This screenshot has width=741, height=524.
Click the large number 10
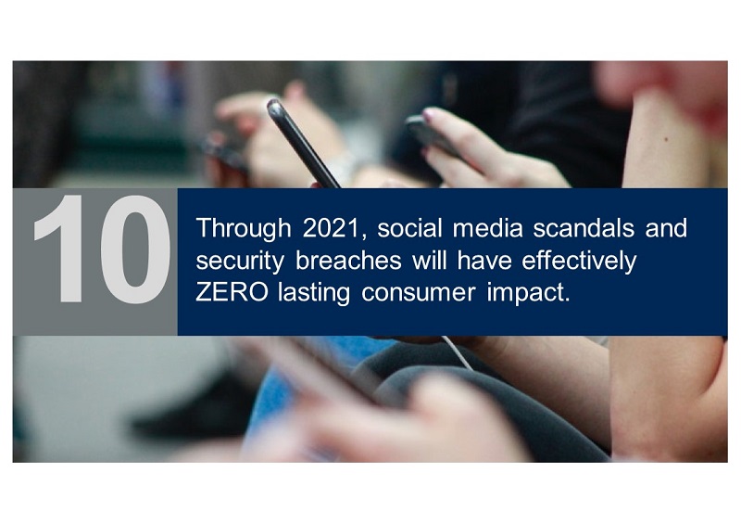click(x=102, y=249)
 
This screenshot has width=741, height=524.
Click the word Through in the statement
click(x=244, y=229)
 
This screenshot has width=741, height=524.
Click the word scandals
click(x=584, y=228)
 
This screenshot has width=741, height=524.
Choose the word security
click(x=240, y=262)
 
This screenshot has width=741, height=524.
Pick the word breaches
click(x=348, y=261)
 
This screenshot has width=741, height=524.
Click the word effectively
click(x=579, y=262)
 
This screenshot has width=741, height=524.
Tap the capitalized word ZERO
click(x=232, y=292)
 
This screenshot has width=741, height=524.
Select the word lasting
click(x=314, y=293)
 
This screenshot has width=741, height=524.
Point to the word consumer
click(x=419, y=294)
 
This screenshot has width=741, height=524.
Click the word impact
click(x=528, y=294)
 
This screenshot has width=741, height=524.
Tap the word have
click(x=484, y=261)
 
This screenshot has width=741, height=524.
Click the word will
click(x=429, y=261)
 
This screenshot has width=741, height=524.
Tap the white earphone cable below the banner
click(x=458, y=352)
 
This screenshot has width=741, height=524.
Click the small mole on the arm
click(x=666, y=140)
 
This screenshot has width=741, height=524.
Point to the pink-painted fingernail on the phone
click(x=428, y=113)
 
